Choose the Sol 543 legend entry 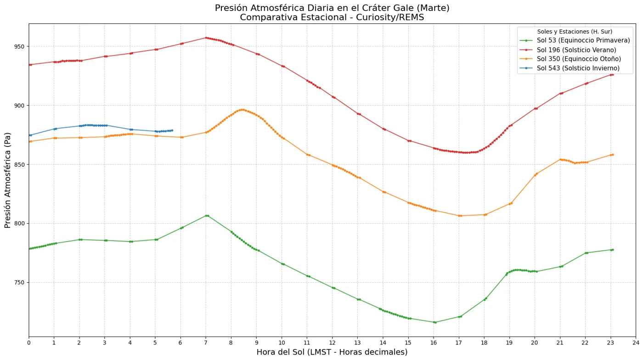point(570,68)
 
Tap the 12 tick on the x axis point(332,343)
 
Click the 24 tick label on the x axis point(636,343)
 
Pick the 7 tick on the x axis point(206,343)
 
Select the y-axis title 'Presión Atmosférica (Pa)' point(7,180)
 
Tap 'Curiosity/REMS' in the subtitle point(390,17)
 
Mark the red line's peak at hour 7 point(206,38)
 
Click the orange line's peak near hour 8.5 point(243,110)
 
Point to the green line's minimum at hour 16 point(434,322)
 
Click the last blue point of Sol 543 point(172,130)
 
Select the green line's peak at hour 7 point(206,216)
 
